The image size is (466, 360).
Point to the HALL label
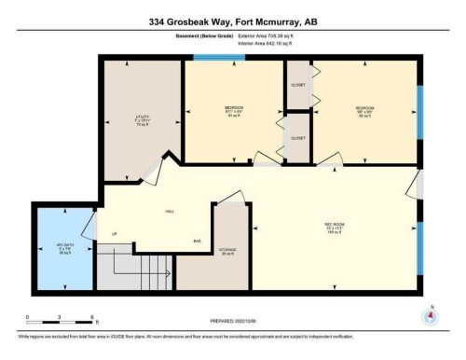pos(171,212)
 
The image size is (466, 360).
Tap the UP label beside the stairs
pos(115,232)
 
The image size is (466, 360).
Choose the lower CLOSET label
pos(298,138)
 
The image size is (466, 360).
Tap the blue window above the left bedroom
pos(220,58)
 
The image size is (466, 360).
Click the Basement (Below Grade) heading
pos(192,38)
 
